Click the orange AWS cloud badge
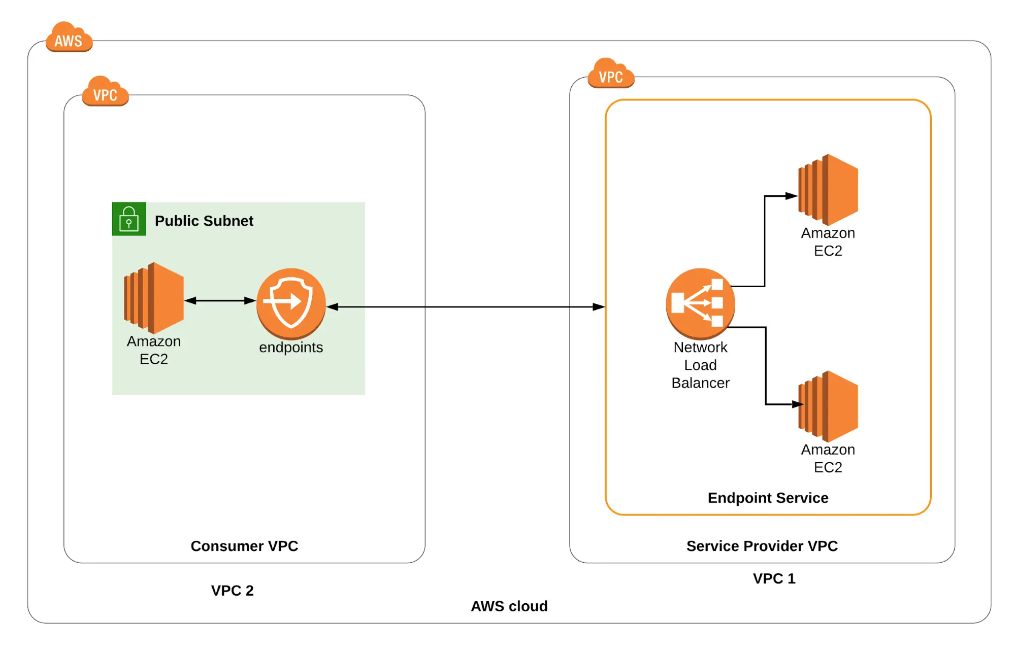pos(69,38)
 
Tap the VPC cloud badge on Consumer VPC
pos(105,92)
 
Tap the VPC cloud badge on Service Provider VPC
pos(611,75)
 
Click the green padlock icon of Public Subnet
pos(128,219)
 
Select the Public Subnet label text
pos(204,221)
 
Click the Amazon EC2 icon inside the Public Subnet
pos(154,298)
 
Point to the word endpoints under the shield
pos(291,348)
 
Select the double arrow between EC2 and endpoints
pos(220,300)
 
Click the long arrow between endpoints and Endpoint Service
pos(465,306)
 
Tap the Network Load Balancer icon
pos(700,303)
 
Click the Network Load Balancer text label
pos(700,365)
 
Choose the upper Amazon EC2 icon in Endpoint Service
pos(828,190)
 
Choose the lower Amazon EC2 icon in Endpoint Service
pos(828,406)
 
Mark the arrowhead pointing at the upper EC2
pos(791,196)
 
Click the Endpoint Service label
pos(768,498)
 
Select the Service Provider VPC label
pos(762,546)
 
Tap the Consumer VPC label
pos(244,546)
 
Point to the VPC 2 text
pos(232,591)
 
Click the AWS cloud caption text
pos(509,606)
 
